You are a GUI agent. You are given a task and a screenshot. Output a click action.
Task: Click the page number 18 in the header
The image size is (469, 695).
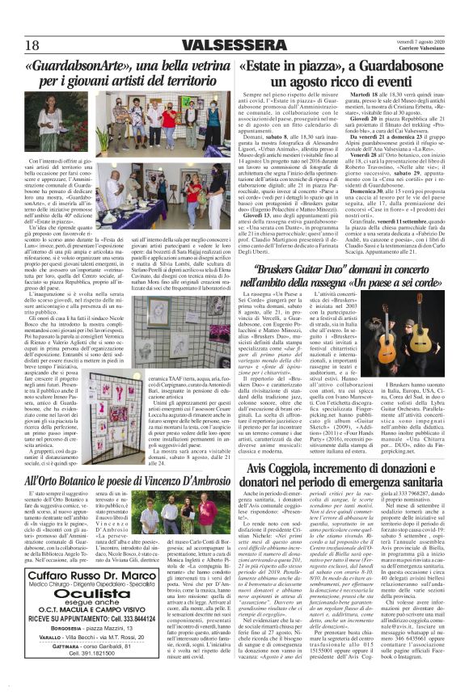click(x=32, y=43)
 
